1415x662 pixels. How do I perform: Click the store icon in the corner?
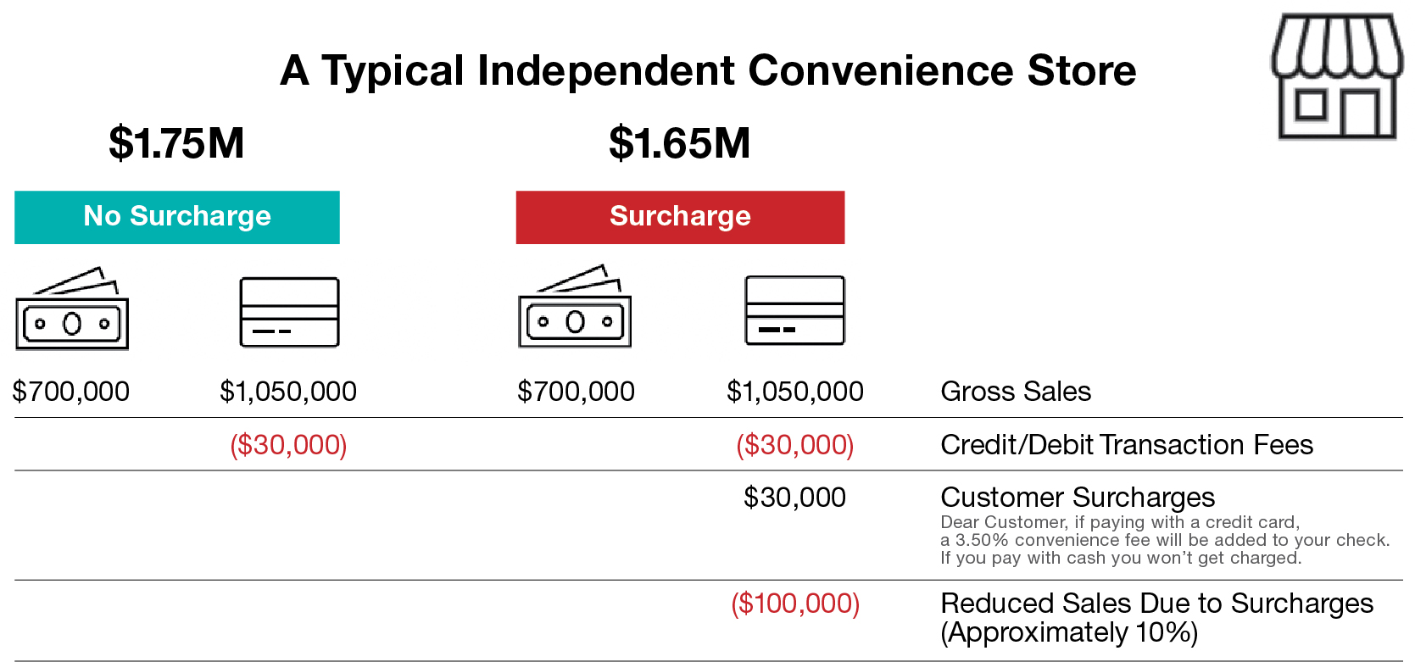click(x=1336, y=75)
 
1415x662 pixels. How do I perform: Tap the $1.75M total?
click(x=176, y=143)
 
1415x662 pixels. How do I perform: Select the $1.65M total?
click(x=679, y=143)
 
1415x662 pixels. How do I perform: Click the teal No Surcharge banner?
click(x=177, y=217)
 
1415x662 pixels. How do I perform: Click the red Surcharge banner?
click(x=680, y=217)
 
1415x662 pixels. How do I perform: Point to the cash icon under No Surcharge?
click(x=72, y=309)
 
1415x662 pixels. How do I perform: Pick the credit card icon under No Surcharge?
click(x=289, y=312)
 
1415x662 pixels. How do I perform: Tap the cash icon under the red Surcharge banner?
click(x=575, y=306)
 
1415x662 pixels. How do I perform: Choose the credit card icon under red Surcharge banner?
click(x=794, y=310)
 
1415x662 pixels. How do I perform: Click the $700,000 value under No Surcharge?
click(x=70, y=392)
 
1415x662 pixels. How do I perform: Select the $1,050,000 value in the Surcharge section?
click(x=794, y=392)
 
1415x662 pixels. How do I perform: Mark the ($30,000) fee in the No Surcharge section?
click(x=288, y=445)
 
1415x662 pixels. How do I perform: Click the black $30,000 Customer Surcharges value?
click(x=794, y=498)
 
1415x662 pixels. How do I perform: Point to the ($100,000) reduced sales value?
click(x=795, y=604)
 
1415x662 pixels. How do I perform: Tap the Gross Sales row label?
click(x=1016, y=392)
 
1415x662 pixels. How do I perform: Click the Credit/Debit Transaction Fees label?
click(x=1127, y=445)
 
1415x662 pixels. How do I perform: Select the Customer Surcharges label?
click(x=1078, y=498)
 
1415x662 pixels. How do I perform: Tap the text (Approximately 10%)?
click(x=1069, y=633)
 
